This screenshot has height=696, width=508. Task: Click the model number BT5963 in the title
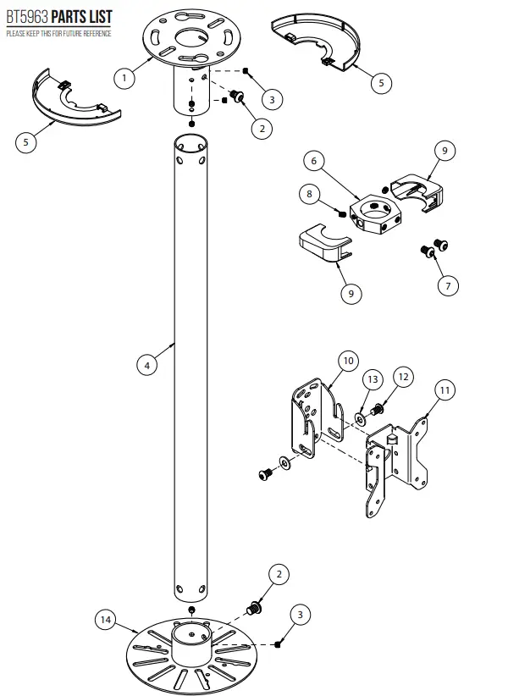click(26, 17)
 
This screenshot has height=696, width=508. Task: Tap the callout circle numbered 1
click(125, 78)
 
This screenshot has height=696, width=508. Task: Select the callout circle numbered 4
click(147, 365)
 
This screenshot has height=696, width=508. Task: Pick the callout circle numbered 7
click(446, 285)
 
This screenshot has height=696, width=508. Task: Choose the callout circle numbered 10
click(347, 361)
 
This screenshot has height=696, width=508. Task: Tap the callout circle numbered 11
click(444, 390)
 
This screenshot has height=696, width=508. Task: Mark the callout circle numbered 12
click(403, 376)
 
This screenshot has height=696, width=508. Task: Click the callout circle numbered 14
click(106, 620)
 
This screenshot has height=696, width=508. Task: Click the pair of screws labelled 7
click(433, 249)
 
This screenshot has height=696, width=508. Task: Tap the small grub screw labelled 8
click(339, 212)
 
